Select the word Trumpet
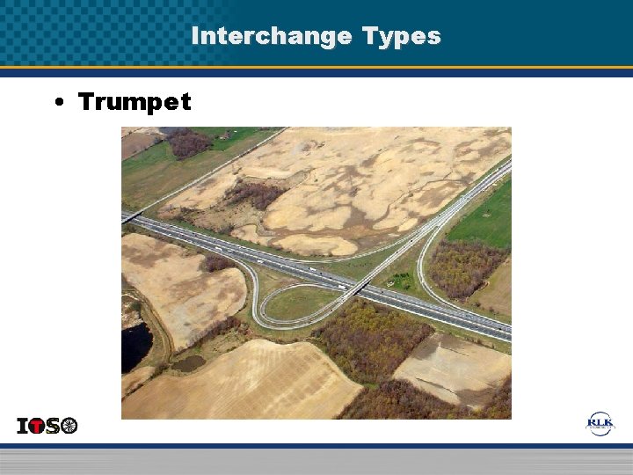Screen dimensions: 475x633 (x=134, y=102)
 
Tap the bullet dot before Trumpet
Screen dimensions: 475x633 (x=57, y=103)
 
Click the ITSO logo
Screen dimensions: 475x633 (x=47, y=426)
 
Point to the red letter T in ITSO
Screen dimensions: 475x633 (x=36, y=426)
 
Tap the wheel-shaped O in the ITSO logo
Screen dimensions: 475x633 (x=69, y=426)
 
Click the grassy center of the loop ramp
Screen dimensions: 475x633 (x=295, y=303)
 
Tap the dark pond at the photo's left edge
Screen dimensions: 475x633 (x=135, y=347)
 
